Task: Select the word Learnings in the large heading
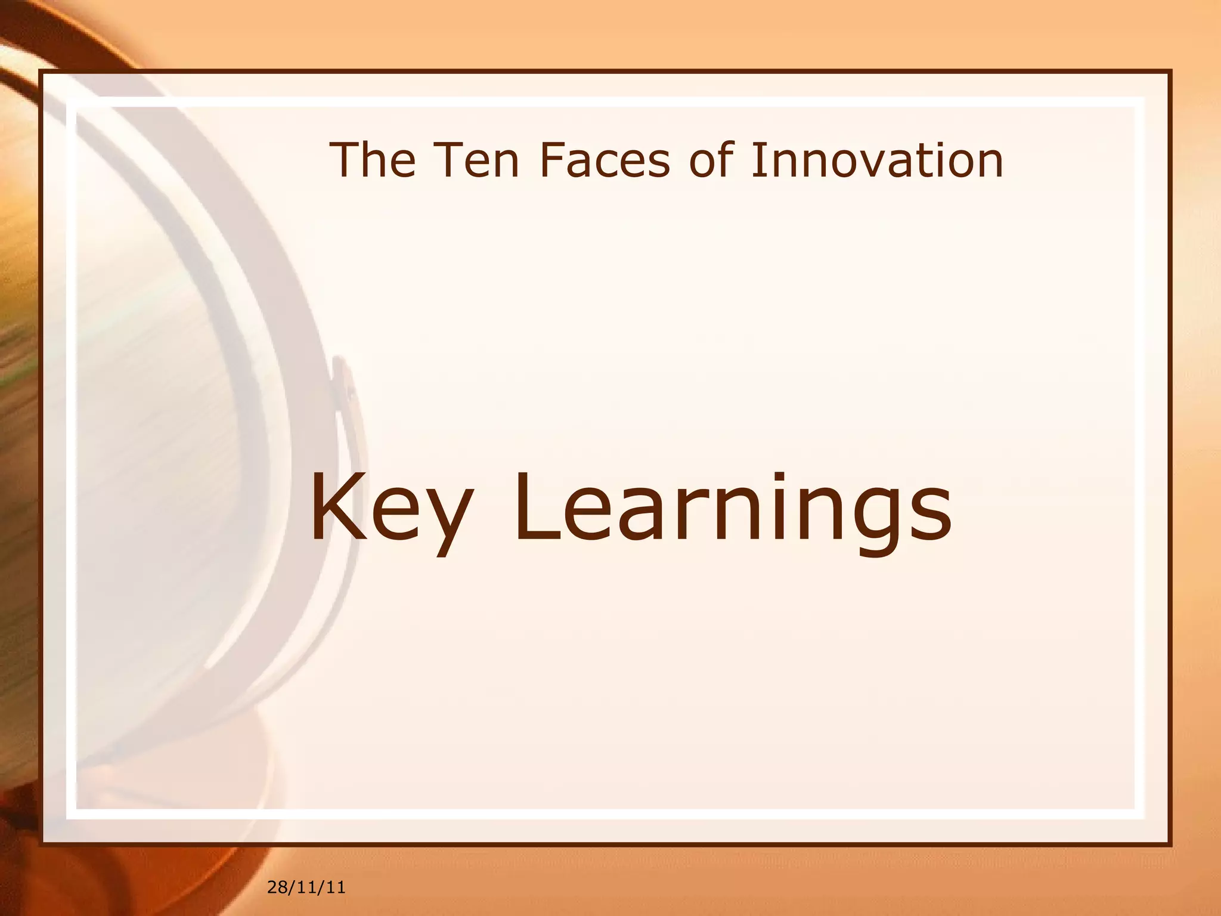coord(732,510)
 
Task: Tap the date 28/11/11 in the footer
coord(306,888)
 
